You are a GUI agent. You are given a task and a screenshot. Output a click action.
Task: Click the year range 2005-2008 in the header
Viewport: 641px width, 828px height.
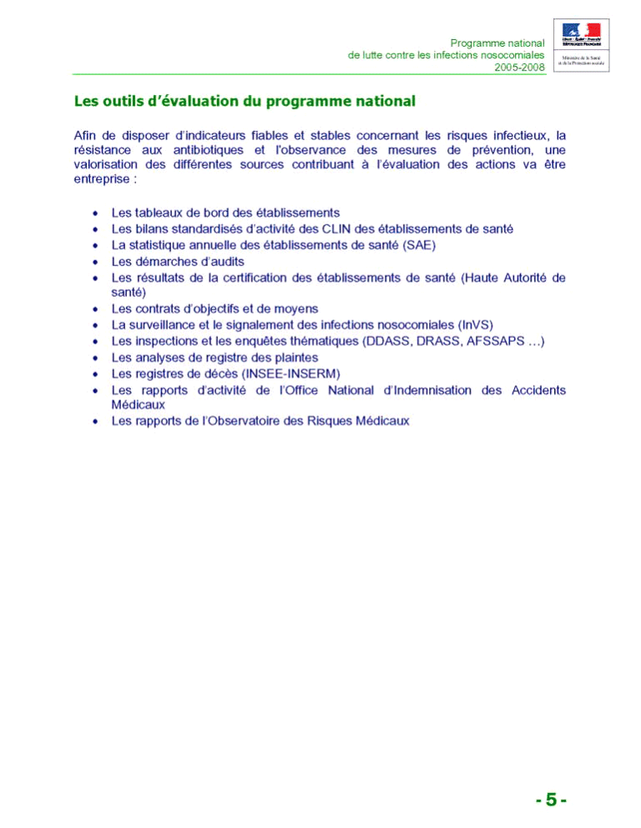(519, 67)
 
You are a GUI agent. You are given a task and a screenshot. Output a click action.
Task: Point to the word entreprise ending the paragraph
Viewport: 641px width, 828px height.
(102, 180)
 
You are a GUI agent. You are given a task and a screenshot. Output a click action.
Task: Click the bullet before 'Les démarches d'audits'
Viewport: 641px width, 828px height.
(96, 261)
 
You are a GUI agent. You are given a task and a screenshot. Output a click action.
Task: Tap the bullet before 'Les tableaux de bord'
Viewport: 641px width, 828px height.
(96, 213)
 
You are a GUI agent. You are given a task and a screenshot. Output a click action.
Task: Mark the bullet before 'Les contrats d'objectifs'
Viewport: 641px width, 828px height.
(96, 309)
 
